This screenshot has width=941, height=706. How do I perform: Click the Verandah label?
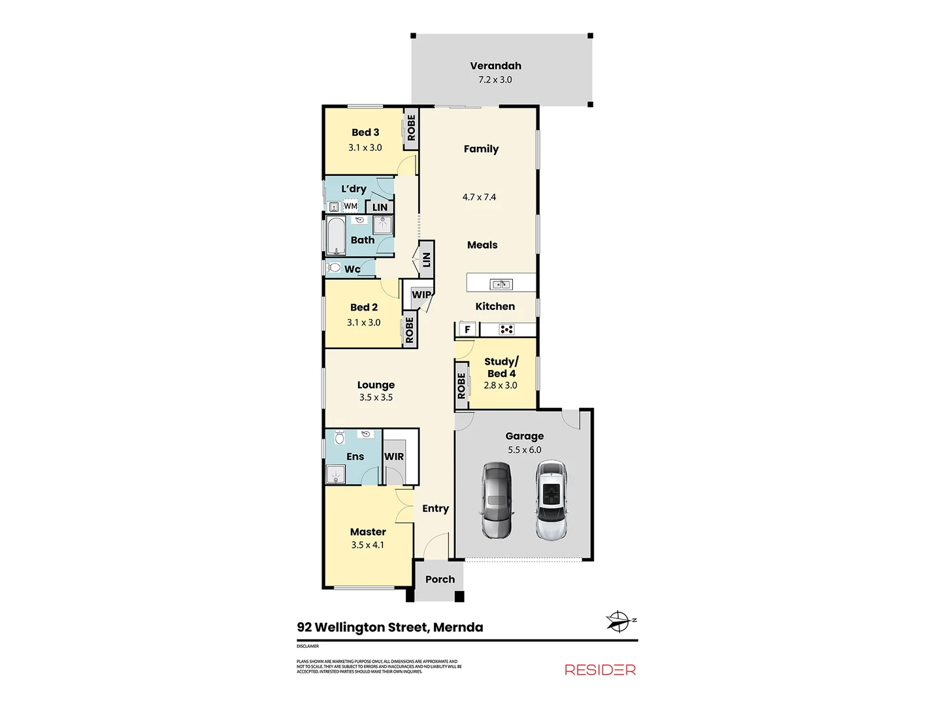pos(495,65)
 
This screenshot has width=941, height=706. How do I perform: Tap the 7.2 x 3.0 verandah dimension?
pos(495,80)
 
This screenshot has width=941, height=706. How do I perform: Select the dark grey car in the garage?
pos(497,500)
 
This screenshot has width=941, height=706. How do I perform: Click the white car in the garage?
pos(552,500)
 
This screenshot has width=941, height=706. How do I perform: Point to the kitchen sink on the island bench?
pos(501,284)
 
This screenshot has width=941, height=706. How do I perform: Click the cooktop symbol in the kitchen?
pos(506,329)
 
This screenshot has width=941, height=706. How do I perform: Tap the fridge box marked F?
pos(467,329)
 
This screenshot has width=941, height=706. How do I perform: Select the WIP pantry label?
pos(421,295)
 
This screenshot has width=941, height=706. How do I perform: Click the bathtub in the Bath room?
pos(336,236)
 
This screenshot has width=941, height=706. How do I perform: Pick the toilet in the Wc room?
pos(334,268)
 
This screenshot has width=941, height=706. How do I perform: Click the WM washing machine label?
pos(351,206)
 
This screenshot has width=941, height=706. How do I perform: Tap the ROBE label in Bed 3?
pos(411,127)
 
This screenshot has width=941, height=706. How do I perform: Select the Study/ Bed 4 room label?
pos(501,367)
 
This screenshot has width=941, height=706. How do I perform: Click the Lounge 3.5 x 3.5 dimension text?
pos(376,397)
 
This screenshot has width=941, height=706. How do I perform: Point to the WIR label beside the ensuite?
pos(393,456)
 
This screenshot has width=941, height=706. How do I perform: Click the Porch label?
pos(440,579)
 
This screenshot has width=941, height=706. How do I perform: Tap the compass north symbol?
pos(618,621)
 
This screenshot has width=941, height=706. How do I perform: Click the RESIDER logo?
pos(600,669)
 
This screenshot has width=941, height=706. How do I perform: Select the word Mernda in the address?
pos(458,628)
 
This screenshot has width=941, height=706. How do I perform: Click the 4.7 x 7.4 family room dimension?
pos(479,197)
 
